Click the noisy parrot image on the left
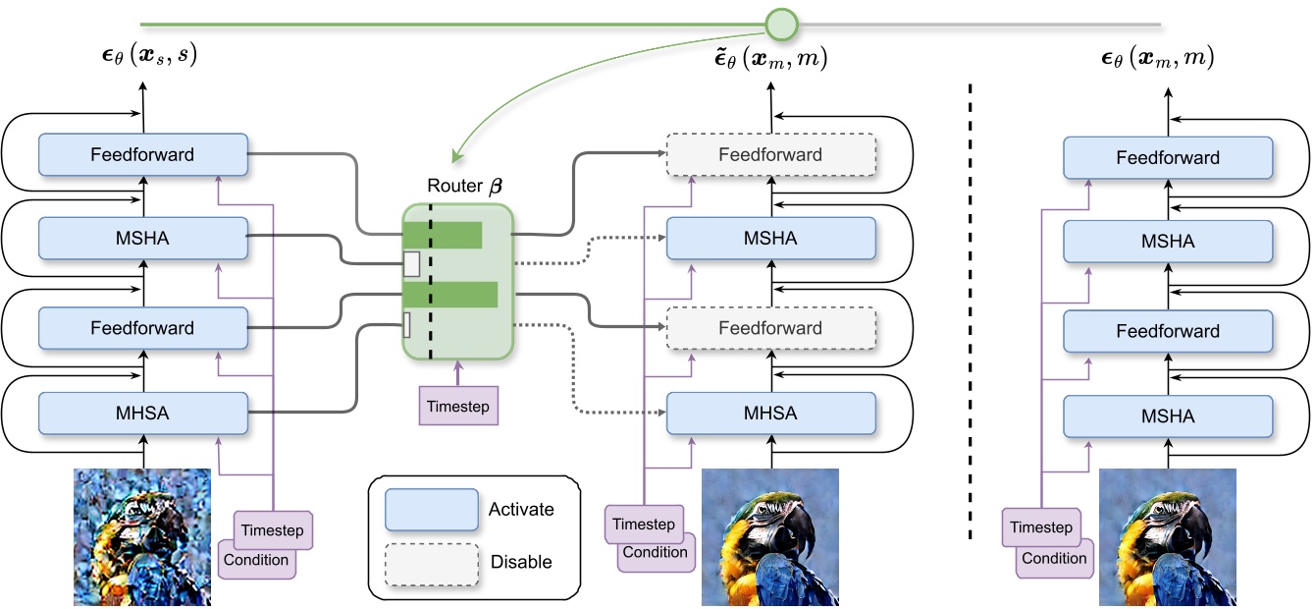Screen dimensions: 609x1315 141,536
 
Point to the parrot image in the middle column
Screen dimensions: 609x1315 770,536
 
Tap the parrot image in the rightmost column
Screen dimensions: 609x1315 1168,536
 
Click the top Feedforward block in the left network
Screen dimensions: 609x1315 143,154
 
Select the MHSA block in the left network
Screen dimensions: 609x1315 143,413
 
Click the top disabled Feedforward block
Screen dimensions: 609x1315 770,154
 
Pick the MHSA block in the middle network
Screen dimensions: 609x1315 770,413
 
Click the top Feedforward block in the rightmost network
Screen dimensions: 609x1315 1168,157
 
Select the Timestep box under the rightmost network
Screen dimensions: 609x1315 1040,527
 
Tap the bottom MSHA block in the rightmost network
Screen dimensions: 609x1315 1168,416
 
